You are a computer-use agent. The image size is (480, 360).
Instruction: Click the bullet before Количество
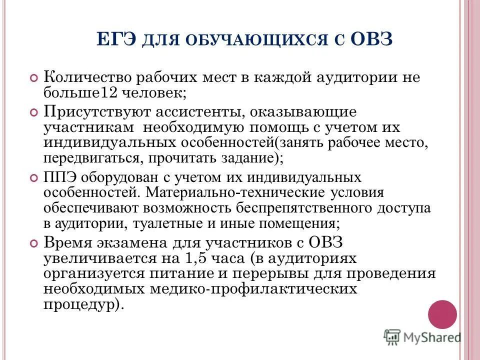coord(33,78)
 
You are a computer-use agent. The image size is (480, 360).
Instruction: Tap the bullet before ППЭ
coord(33,177)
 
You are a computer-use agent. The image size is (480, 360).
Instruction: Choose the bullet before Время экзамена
coord(33,243)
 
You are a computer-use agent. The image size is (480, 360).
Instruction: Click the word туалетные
coord(190,223)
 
